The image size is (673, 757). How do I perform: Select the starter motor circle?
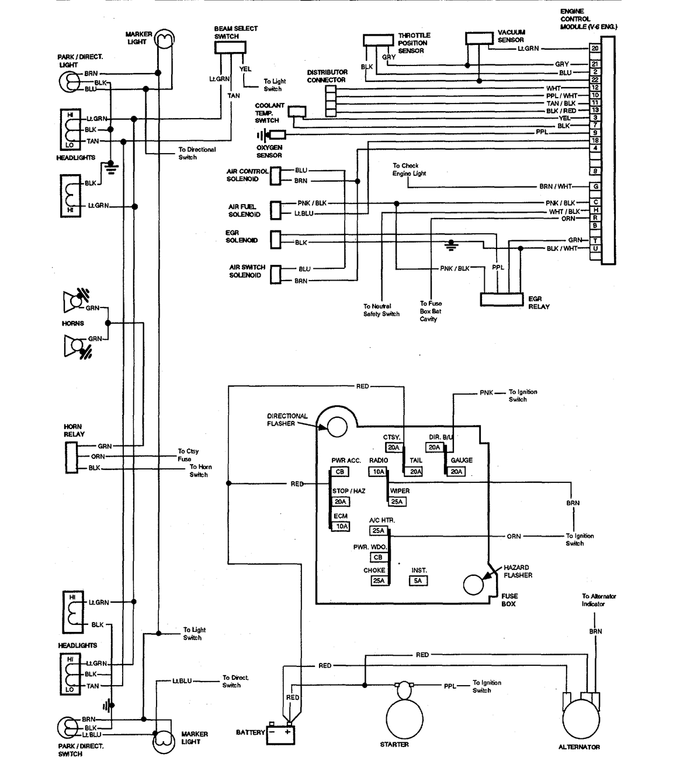coord(404,718)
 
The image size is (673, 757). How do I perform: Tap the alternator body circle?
coord(581,720)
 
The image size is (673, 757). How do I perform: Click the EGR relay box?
coord(502,299)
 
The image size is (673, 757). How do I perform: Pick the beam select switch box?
coord(230,47)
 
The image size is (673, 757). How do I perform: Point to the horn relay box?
coord(71,457)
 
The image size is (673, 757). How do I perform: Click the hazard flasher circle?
coord(473,585)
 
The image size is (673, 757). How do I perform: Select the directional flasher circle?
coord(337,427)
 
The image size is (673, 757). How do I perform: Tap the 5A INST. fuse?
coord(418,580)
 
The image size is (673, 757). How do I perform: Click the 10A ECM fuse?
coord(341,527)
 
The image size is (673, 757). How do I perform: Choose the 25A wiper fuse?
coord(397,502)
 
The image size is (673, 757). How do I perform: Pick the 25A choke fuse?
coord(379,580)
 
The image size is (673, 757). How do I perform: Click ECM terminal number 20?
coord(595,48)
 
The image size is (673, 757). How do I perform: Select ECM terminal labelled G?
coord(595,186)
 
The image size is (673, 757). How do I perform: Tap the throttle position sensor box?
coord(379,40)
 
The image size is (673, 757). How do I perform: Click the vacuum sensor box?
coord(480,38)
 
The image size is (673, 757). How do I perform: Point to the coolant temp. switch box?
coord(297,111)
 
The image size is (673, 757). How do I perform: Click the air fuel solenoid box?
coord(276,210)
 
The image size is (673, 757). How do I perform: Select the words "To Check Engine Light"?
coord(409,170)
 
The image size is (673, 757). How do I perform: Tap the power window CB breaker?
coord(378,557)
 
